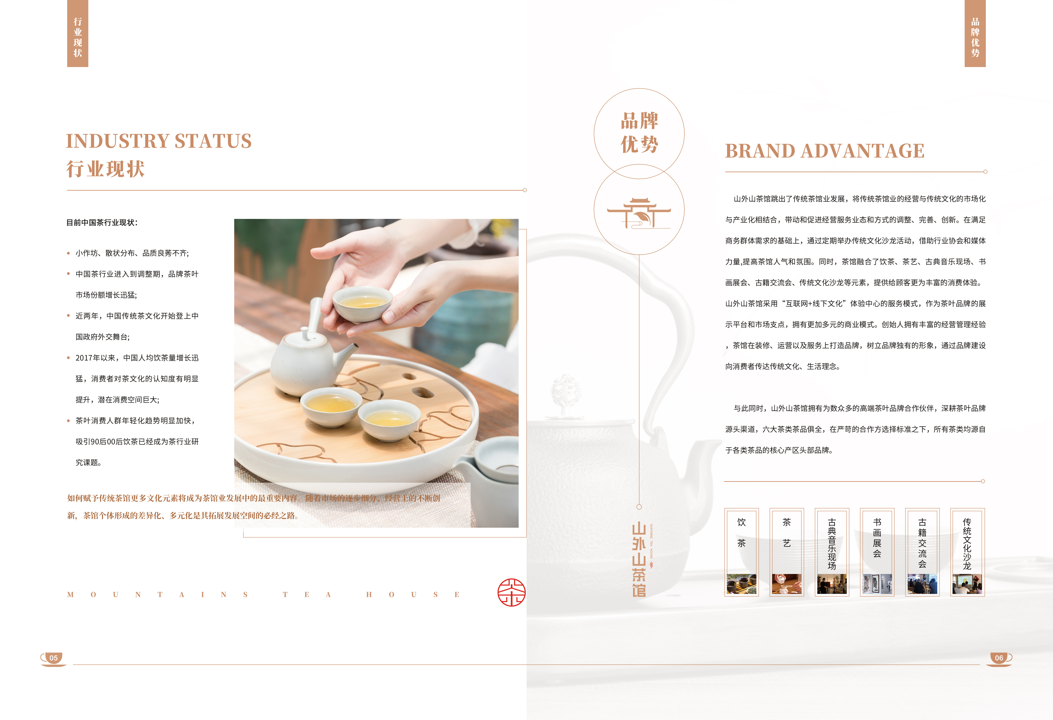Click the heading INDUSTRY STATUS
tap(159, 141)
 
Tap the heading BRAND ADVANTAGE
tap(825, 151)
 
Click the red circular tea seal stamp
tap(512, 592)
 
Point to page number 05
tap(53, 658)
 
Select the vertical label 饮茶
tap(741, 533)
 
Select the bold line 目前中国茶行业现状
tap(102, 223)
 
